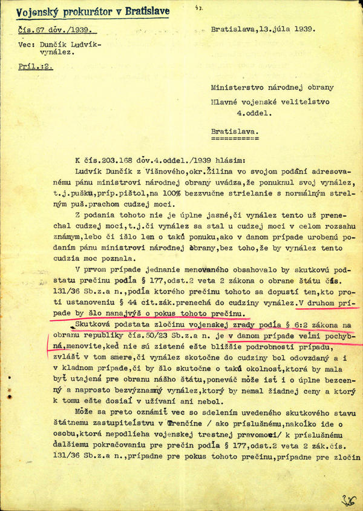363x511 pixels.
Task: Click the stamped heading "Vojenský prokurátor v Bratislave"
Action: [x=93, y=11]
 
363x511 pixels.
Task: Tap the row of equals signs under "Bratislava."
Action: [x=233, y=137]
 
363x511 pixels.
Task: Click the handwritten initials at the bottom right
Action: [x=348, y=499]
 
